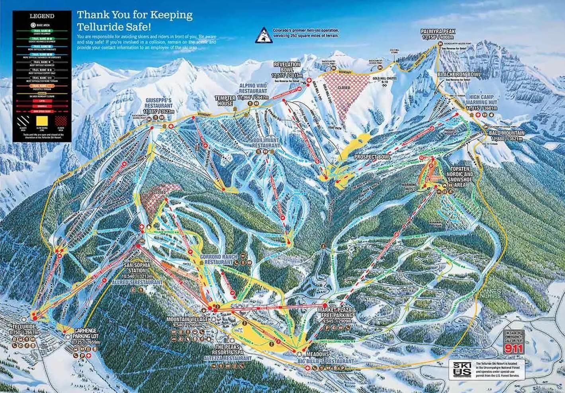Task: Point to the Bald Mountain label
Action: click(507, 133)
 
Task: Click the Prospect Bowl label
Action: click(373, 157)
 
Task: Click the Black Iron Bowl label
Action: click(459, 74)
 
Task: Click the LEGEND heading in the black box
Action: click(42, 17)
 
